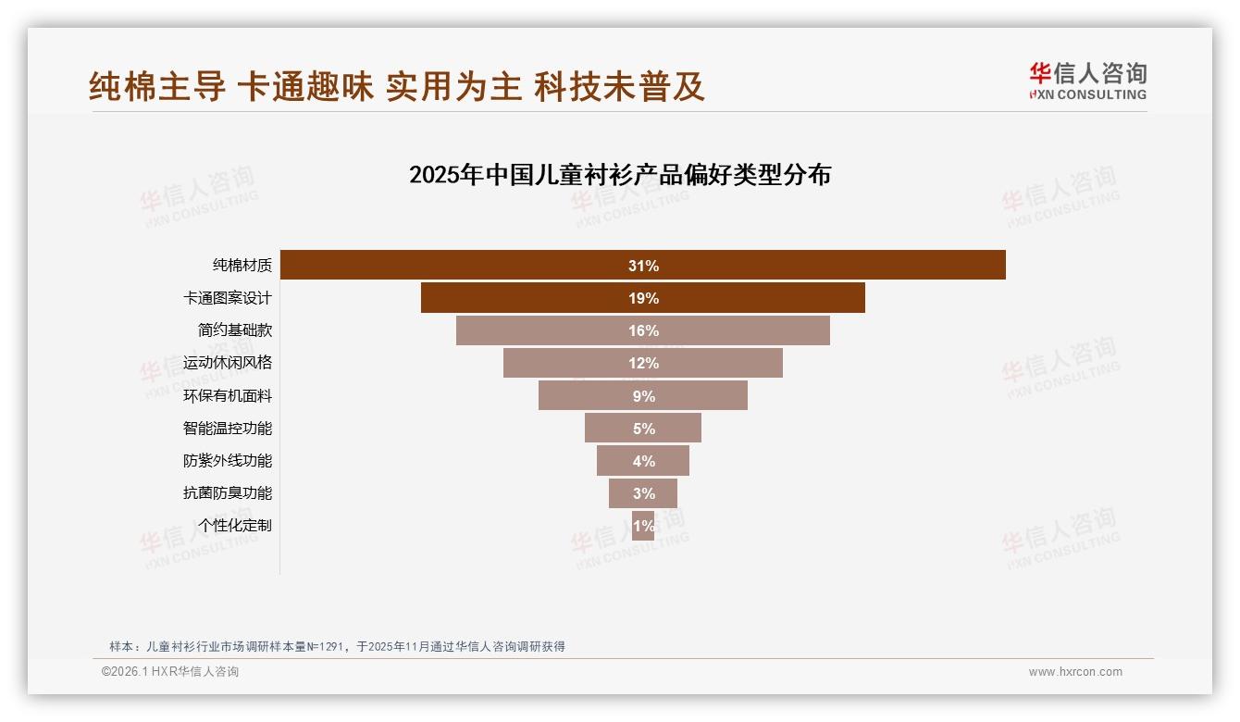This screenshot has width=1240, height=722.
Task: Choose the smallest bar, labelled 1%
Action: coord(643,526)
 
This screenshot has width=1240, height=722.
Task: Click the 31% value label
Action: coord(643,266)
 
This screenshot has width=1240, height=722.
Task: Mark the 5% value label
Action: coord(643,429)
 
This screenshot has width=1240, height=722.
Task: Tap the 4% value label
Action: coord(643,461)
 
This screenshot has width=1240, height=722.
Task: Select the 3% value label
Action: coord(643,493)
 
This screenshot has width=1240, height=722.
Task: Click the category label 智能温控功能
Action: coord(228,429)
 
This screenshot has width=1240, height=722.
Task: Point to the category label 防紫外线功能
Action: coord(228,461)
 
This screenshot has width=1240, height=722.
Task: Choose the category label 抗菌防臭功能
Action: coord(228,493)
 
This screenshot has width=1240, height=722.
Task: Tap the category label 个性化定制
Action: coord(235,526)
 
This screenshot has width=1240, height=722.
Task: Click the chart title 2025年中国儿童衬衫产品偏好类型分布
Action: coord(620,175)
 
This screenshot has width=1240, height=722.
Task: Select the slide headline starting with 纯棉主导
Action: coord(397,86)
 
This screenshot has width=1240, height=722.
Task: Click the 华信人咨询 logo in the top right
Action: coord(1087,81)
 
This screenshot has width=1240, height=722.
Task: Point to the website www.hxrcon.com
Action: coord(1075,672)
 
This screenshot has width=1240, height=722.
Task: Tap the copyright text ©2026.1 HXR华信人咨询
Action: coord(170,672)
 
